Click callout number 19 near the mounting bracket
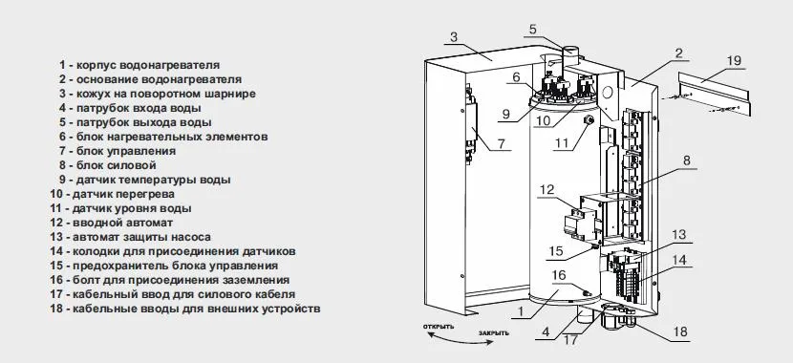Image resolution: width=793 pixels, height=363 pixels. (734, 61)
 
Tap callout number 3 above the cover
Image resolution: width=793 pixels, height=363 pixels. (454, 37)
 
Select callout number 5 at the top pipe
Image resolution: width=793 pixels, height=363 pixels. (532, 30)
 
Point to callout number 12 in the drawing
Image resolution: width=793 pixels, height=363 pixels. (547, 190)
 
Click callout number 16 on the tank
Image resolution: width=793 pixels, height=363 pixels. (559, 275)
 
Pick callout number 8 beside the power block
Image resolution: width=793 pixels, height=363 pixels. (686, 160)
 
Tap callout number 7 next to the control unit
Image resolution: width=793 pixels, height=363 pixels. (501, 143)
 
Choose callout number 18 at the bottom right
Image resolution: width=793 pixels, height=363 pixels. (680, 331)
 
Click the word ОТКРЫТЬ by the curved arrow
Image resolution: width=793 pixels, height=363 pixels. (439, 327)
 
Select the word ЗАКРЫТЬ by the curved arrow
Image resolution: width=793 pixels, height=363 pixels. (494, 333)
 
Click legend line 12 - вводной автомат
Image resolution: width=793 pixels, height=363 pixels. (111, 223)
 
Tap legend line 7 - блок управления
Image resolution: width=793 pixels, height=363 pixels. (118, 151)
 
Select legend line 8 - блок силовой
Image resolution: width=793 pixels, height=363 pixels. (107, 165)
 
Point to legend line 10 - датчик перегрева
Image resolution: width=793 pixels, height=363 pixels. (113, 194)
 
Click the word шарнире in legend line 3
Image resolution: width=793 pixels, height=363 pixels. (231, 94)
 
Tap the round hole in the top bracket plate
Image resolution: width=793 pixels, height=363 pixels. (608, 92)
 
